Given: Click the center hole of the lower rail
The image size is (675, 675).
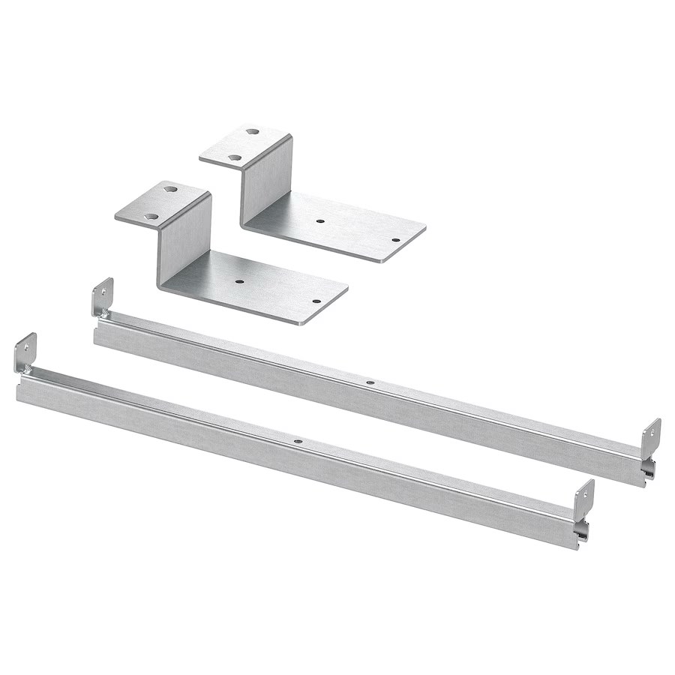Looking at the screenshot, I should (x=298, y=442).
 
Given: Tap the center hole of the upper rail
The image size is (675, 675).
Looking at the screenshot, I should (x=369, y=382).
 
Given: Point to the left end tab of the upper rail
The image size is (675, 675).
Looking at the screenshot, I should (x=103, y=296).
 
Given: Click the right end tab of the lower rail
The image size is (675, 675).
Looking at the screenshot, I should (x=584, y=498).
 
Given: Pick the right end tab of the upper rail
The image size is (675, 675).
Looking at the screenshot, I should (x=652, y=436).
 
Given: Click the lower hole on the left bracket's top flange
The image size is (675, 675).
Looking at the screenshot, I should (x=151, y=216).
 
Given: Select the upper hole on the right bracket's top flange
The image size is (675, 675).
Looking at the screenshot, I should (x=253, y=132).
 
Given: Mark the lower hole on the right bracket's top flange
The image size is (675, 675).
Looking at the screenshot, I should (x=234, y=157).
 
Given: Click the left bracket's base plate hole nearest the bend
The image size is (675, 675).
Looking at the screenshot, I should (x=238, y=282).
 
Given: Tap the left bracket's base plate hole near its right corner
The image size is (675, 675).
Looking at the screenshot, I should (x=316, y=301).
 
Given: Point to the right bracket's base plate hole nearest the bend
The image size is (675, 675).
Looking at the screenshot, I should (x=320, y=221).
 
